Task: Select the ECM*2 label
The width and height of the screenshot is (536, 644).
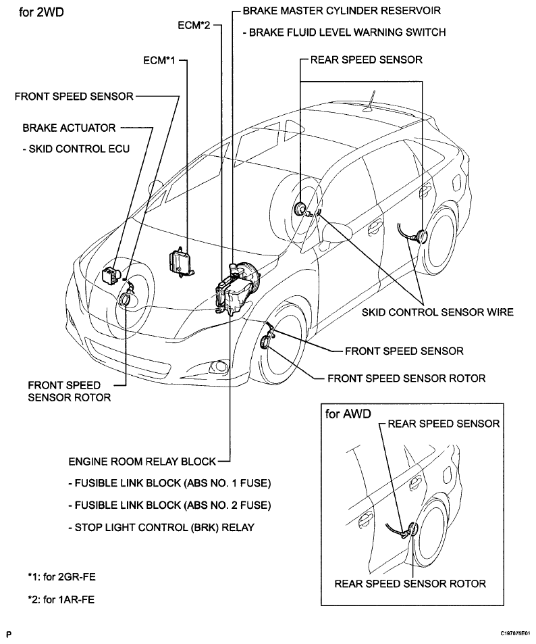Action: [x=194, y=25]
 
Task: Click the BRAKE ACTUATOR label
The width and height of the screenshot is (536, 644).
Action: [x=69, y=127]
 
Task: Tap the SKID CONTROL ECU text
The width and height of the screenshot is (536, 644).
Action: [x=76, y=148]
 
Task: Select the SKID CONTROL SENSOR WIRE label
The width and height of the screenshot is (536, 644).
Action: [x=438, y=312]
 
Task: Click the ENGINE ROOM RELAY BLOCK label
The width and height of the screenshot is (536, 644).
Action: [x=142, y=462]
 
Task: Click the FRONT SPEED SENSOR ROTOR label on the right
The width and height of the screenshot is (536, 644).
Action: [x=406, y=378]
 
